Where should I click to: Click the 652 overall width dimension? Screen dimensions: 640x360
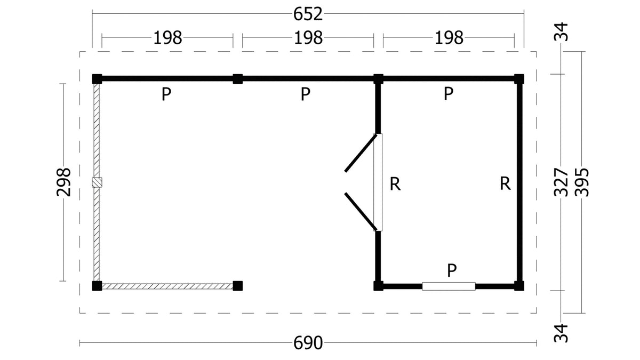[x=308, y=14]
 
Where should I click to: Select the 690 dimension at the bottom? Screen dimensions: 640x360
[x=308, y=342]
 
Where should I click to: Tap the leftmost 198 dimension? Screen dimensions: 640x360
[x=167, y=38]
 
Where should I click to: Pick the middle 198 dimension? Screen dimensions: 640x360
[x=308, y=38]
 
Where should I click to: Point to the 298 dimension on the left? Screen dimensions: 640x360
[x=63, y=182]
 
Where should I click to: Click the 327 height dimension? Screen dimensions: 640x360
[x=561, y=182]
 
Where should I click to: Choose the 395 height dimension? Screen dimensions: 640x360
[x=582, y=182]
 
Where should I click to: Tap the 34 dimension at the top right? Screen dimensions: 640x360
[x=561, y=31]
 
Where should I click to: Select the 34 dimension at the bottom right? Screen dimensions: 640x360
[x=561, y=333]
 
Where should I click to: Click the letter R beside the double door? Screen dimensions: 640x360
[x=395, y=184]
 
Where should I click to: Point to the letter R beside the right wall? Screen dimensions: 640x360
[x=505, y=183]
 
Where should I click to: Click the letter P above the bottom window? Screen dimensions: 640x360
[x=452, y=270]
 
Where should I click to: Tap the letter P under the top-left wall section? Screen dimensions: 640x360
[x=166, y=94]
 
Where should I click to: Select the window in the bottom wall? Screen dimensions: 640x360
[x=449, y=286]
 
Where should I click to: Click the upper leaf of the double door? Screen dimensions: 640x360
[x=361, y=153]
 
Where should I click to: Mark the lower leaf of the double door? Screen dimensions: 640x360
[x=361, y=211]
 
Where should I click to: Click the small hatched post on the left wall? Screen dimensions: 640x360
[x=97, y=182]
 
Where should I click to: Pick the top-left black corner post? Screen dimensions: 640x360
[x=97, y=79]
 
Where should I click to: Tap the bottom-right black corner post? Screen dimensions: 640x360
[x=519, y=286]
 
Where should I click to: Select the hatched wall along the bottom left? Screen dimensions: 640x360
[x=167, y=286]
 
